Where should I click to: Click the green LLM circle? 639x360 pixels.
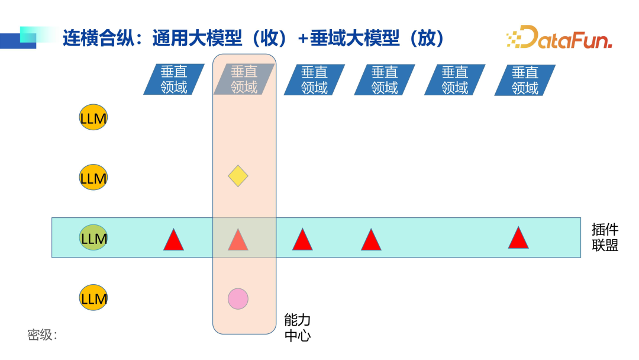point(93,238)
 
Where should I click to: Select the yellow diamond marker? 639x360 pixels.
point(238,176)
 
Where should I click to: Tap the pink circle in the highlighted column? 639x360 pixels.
point(238,299)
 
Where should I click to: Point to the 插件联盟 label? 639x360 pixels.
point(605,237)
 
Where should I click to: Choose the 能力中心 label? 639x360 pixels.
point(297,328)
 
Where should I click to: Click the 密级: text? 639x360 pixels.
point(42,335)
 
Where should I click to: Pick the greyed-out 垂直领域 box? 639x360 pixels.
point(244,80)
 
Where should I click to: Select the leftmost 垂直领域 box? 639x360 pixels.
point(174,80)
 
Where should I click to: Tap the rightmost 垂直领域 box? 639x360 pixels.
point(525,80)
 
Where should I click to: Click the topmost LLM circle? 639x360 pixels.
point(93,118)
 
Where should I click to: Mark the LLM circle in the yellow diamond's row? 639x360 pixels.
point(93,177)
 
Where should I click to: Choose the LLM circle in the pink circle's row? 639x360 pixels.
point(93,297)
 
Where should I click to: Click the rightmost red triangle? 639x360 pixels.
point(518,239)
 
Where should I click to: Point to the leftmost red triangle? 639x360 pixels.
point(173,240)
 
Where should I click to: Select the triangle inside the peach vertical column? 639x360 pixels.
point(238,240)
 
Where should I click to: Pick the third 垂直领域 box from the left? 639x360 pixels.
point(314,80)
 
